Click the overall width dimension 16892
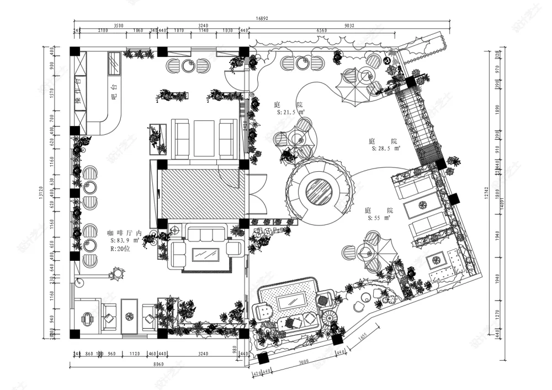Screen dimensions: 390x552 [262, 18]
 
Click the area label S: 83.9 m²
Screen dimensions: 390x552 [127, 241]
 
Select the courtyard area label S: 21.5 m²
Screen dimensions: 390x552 [291, 112]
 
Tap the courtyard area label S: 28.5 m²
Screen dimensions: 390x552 [386, 149]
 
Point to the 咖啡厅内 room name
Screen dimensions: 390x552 [125, 233]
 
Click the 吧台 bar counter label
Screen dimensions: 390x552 [114, 91]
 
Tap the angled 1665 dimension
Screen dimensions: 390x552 [363, 335]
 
